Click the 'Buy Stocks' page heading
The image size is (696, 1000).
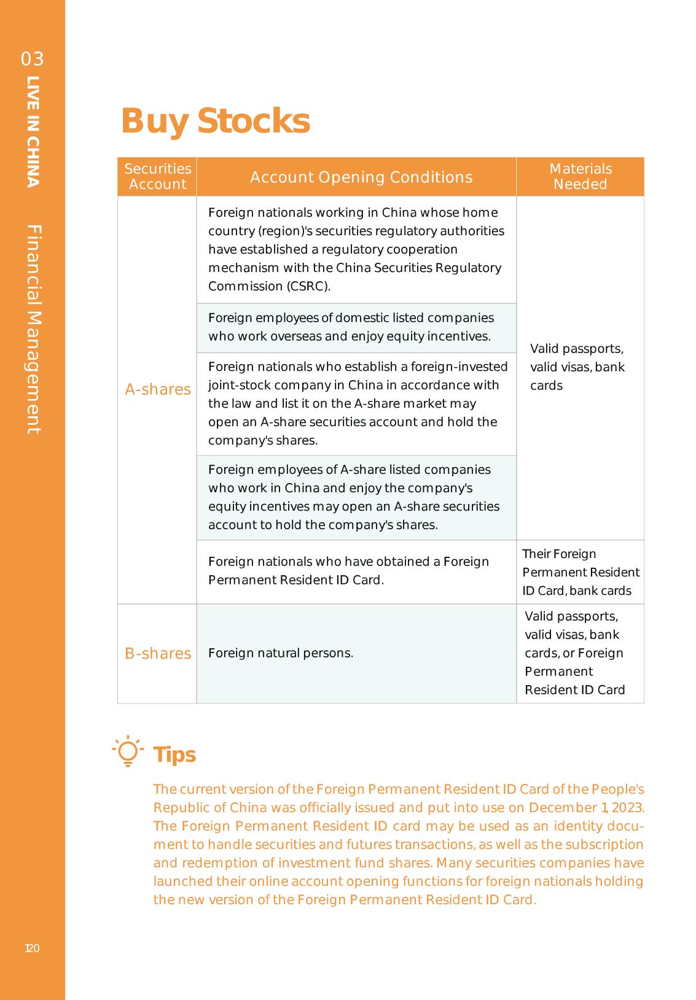[215, 121]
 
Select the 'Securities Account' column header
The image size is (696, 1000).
[157, 177]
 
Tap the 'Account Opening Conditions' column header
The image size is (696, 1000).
[361, 177]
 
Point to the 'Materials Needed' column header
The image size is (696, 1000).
[580, 177]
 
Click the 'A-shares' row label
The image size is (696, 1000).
[157, 390]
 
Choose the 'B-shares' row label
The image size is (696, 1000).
[158, 654]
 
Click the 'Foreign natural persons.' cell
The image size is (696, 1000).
[281, 653]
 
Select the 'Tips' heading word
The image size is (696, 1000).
[174, 754]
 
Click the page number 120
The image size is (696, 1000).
[32, 948]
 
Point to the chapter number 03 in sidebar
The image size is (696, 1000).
[33, 59]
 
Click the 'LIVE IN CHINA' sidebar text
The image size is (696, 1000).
[33, 131]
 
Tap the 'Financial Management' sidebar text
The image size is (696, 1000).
[34, 329]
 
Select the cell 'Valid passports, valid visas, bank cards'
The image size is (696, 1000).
[577, 367]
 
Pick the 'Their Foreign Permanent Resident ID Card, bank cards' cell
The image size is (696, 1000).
[581, 573]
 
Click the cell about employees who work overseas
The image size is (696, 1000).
[351, 327]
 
